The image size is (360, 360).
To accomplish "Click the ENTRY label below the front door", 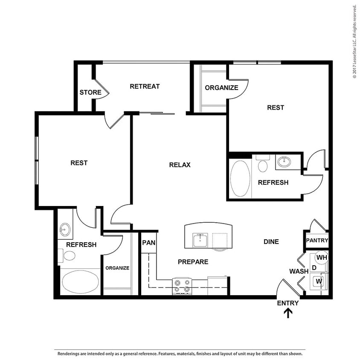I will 288,303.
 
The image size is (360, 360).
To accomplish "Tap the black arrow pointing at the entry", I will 288,314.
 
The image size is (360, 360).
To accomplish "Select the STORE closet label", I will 90,92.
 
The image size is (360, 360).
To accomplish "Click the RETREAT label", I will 145,86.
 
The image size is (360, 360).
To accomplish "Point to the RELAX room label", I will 180,165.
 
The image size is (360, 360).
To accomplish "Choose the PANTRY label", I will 317,241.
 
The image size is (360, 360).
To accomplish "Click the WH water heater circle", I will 321,257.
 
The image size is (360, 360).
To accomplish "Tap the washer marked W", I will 318,281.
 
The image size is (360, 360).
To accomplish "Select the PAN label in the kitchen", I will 148,242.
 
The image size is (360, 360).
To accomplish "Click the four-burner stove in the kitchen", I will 183,286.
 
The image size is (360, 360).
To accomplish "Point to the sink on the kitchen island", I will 200,240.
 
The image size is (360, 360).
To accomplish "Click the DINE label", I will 271,241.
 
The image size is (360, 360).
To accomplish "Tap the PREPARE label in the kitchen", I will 193,261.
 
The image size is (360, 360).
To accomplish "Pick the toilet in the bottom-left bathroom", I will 68,255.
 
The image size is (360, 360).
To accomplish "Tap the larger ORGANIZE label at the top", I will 221,88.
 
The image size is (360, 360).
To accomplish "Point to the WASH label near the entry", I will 299,271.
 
